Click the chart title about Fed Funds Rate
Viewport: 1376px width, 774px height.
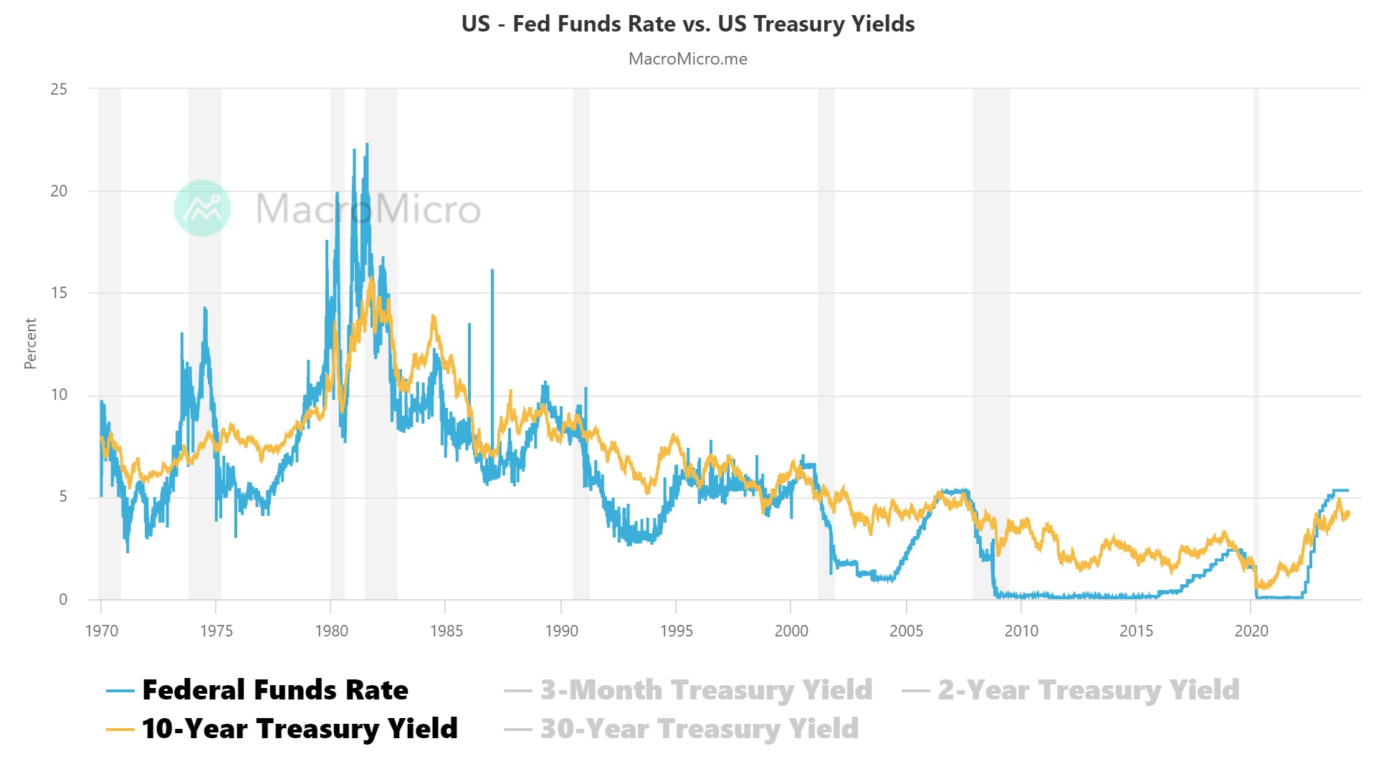688,24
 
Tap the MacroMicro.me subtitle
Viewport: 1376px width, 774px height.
688,59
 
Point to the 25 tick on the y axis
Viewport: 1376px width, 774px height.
59,90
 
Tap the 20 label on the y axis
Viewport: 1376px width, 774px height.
59,191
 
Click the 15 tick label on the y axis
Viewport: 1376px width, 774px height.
59,293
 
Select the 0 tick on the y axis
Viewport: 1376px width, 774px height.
63,599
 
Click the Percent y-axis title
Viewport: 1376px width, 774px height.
30,344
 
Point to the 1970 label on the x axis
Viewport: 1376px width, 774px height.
102,631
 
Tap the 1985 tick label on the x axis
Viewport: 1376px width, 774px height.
446,631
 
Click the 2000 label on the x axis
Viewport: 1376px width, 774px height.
791,631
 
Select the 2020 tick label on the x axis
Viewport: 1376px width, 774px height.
1251,631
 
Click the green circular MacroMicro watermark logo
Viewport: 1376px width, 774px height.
203,209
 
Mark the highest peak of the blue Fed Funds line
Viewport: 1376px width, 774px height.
367,145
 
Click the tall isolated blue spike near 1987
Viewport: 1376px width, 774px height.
492,272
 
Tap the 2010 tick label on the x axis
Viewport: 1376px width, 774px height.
1021,631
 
